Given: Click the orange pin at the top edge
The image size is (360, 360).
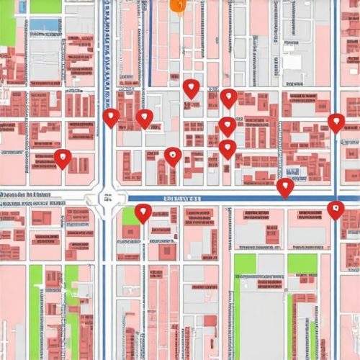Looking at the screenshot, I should [x=177, y=4].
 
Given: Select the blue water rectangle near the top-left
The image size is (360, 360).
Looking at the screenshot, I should [x=45, y=24].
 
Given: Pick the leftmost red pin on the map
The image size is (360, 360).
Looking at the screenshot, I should [x=63, y=158].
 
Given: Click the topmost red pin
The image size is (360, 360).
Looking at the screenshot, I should [x=191, y=89].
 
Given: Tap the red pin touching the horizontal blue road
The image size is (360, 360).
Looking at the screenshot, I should [x=285, y=187].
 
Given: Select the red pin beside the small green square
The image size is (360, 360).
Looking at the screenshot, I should [x=143, y=212].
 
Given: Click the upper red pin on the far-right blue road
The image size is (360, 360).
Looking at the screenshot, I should [x=336, y=122].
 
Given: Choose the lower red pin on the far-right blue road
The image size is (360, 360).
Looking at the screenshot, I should [x=336, y=210].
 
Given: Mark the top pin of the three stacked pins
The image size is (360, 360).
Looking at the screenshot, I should [x=228, y=98].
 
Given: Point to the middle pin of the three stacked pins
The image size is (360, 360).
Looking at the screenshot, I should [x=228, y=126].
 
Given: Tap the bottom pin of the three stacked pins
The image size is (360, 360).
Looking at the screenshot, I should [x=228, y=148].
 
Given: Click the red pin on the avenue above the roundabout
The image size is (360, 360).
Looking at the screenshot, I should [x=111, y=117].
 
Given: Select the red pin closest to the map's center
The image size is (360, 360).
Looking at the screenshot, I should [x=173, y=156].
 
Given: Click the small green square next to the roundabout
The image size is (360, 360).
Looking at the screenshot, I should [x=130, y=215].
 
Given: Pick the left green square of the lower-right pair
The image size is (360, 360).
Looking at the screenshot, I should [x=245, y=264].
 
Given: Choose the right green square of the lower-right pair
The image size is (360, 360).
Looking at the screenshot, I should [x=302, y=264].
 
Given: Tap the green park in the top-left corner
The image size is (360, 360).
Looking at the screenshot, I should [x=8, y=22].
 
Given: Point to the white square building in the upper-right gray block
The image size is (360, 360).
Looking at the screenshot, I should [x=292, y=60].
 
